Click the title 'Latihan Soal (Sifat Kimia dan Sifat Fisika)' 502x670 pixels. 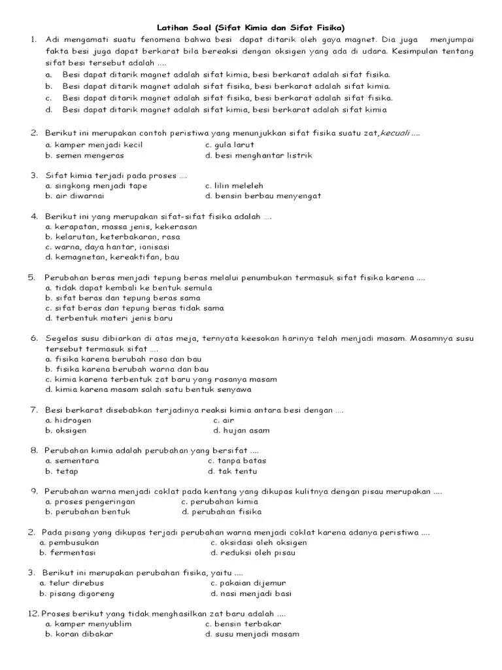pyautogui.click(x=250, y=27)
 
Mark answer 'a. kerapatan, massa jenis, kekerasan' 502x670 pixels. pyautogui.click(x=121, y=226)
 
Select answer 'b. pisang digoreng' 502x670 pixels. pyautogui.click(x=76, y=593)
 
